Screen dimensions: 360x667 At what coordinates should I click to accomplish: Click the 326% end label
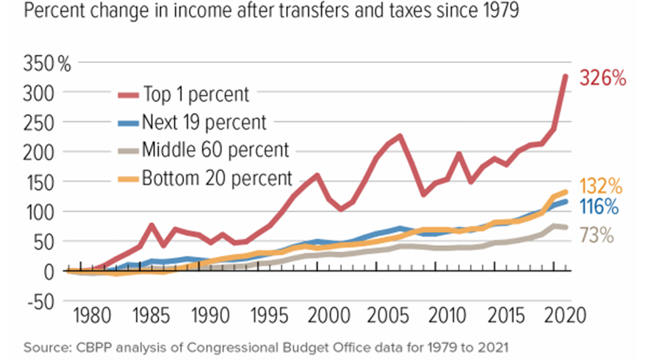(x=603, y=78)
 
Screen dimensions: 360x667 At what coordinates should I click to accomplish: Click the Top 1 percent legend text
(x=196, y=93)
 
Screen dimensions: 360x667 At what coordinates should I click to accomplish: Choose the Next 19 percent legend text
(x=203, y=123)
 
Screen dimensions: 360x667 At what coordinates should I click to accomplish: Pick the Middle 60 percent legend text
(x=215, y=149)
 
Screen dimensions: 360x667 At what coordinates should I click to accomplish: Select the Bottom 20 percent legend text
(x=217, y=178)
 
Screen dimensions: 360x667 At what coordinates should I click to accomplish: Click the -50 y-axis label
(x=42, y=301)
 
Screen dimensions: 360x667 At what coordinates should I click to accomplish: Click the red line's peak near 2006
(x=399, y=136)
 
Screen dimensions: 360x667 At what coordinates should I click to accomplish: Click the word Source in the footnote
(x=40, y=346)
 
